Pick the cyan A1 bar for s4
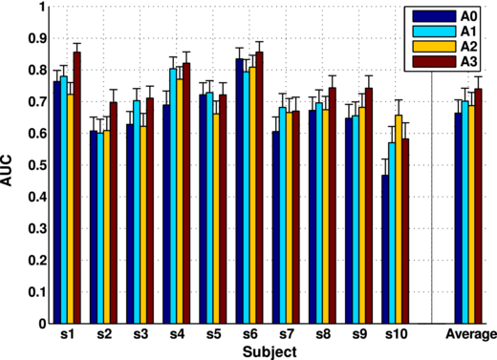point(173,196)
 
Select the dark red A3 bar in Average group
point(478,205)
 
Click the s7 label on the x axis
point(286,335)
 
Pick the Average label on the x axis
point(468,335)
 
